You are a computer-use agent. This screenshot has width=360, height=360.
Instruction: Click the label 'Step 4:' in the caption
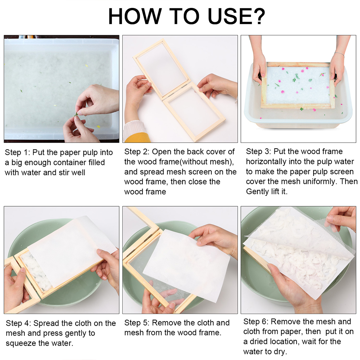(x=18, y=323)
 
